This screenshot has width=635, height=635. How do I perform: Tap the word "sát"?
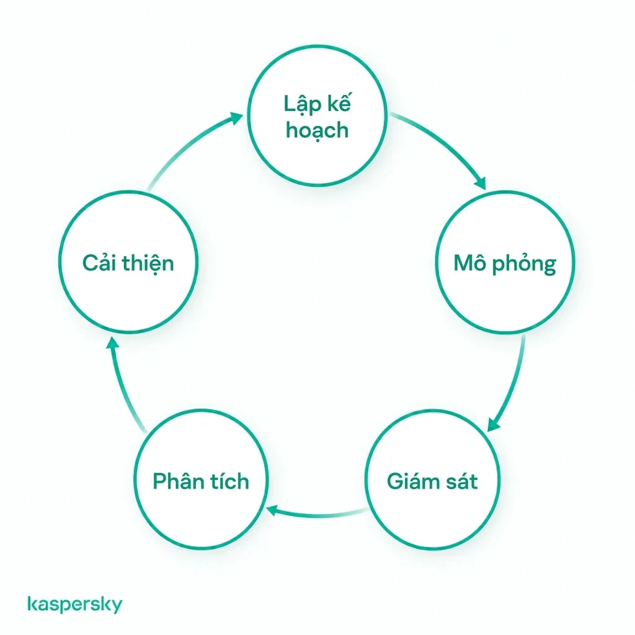pyautogui.click(x=461, y=481)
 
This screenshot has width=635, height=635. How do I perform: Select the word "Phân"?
pyautogui.click(x=176, y=481)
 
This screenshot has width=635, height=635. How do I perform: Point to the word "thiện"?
pyautogui.click(x=148, y=263)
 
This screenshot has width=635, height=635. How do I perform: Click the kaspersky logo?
pyautogui.click(x=75, y=604)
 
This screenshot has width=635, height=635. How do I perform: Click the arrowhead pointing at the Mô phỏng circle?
pyautogui.click(x=481, y=184)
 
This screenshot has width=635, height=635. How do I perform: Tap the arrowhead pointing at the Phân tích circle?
pyautogui.click(x=272, y=510)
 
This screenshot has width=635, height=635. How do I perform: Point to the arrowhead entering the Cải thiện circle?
pyautogui.click(x=113, y=343)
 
